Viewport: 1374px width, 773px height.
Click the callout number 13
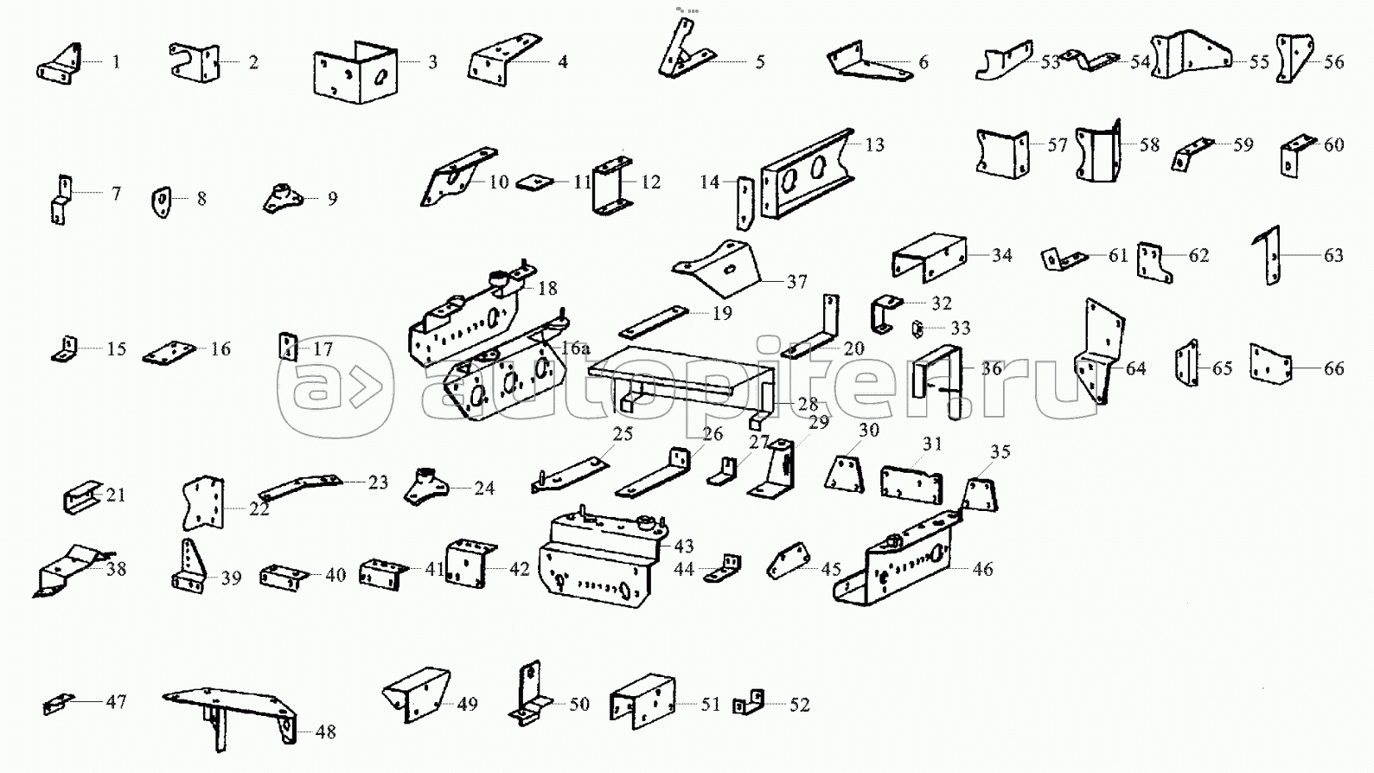click(875, 144)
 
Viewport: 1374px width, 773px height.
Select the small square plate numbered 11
click(534, 183)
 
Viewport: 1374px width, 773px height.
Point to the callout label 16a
click(575, 348)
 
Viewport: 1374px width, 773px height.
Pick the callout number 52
click(800, 705)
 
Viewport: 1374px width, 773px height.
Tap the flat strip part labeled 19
click(654, 323)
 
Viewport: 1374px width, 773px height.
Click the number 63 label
click(1333, 255)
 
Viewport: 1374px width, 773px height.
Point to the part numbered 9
click(282, 198)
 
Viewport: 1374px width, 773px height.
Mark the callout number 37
click(796, 282)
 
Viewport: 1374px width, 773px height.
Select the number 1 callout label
click(116, 62)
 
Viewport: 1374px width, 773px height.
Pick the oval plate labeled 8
click(162, 202)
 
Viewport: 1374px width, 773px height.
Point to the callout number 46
click(982, 569)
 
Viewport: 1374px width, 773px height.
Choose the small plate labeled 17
click(287, 347)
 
